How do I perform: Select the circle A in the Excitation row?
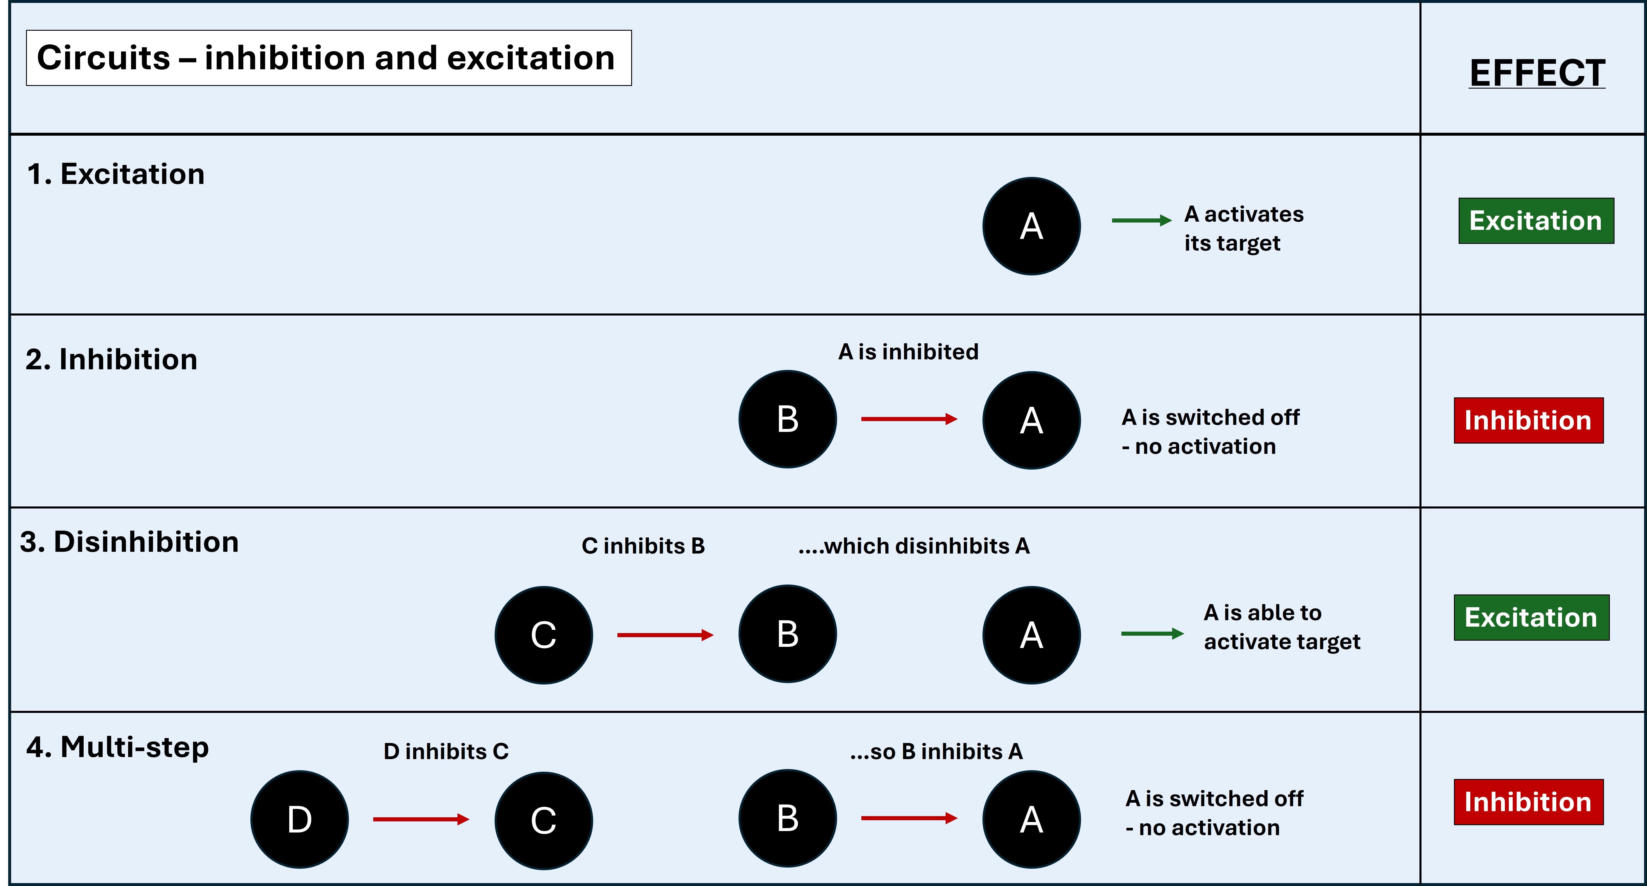click(1031, 226)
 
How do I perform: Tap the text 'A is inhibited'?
click(908, 351)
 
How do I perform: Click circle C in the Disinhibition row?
click(543, 635)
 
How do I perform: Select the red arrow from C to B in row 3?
click(665, 635)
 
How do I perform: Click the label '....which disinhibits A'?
click(914, 546)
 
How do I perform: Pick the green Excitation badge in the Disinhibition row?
click(1531, 618)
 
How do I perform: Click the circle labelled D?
click(299, 820)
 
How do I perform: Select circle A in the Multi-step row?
click(1031, 820)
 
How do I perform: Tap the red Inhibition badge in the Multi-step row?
click(1528, 802)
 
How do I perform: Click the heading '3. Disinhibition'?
click(129, 542)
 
